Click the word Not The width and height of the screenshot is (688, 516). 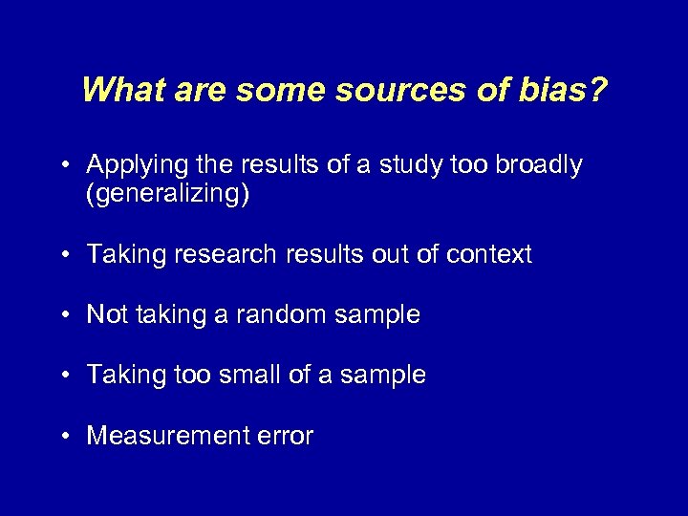pyautogui.click(x=106, y=314)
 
